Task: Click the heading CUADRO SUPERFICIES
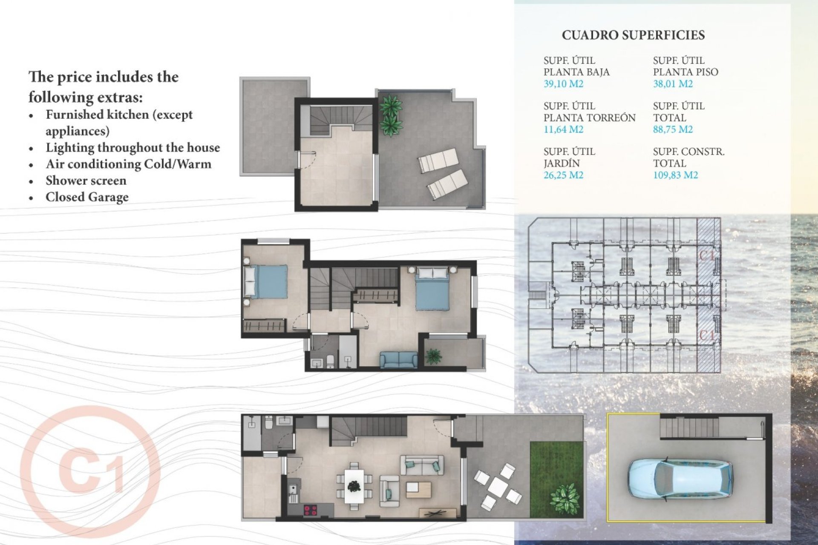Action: pyautogui.click(x=633, y=35)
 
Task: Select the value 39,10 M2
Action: pyautogui.click(x=563, y=84)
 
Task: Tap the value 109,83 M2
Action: pyautogui.click(x=675, y=175)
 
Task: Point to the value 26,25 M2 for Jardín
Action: pyautogui.click(x=563, y=175)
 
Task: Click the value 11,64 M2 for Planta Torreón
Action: pyautogui.click(x=563, y=129)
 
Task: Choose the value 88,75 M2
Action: pyautogui.click(x=673, y=129)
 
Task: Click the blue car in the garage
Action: pyautogui.click(x=680, y=479)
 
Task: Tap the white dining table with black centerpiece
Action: pyautogui.click(x=354, y=486)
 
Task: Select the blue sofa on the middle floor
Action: pyautogui.click(x=399, y=360)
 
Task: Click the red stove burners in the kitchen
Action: pyautogui.click(x=310, y=510)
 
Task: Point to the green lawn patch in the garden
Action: pyautogui.click(x=556, y=479)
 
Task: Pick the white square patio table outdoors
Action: pyautogui.click(x=497, y=487)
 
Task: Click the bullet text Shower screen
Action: pyautogui.click(x=86, y=181)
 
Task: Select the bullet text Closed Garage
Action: pyautogui.click(x=87, y=197)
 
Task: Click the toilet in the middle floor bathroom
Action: pyautogui.click(x=330, y=361)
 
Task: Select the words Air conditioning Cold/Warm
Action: pyautogui.click(x=128, y=164)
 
